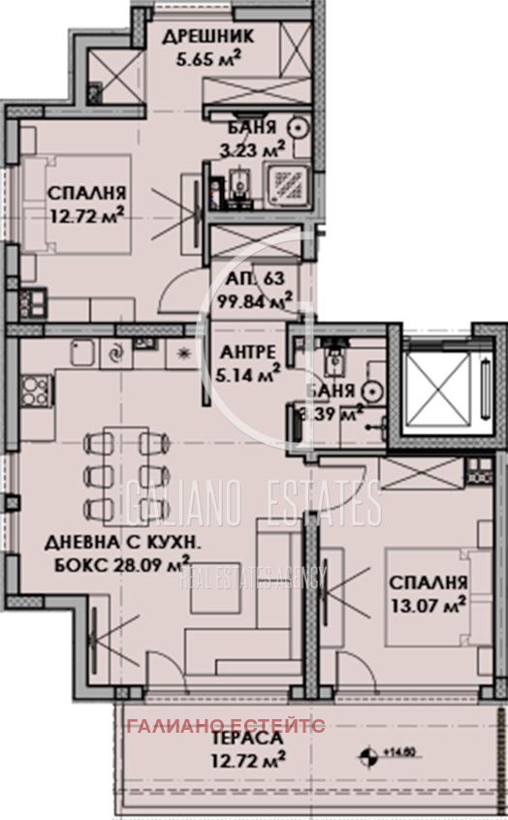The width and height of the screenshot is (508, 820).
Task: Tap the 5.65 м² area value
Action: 207,57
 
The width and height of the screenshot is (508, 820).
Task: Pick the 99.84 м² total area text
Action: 257,300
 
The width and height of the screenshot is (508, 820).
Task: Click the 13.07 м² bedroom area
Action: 429,608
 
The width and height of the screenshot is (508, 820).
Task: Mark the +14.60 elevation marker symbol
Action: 369,753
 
